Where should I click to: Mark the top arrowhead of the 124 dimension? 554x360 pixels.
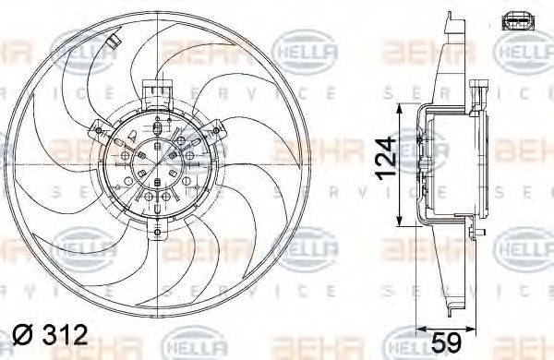(400, 109)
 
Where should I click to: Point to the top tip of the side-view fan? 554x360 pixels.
(449, 17)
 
